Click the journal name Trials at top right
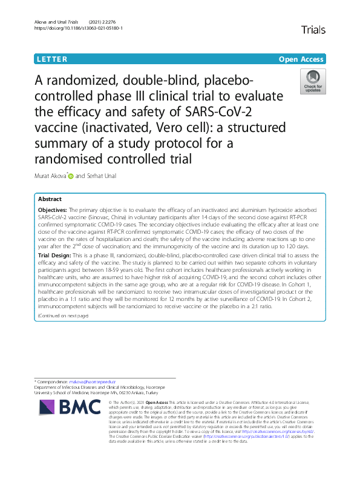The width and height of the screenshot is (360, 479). click(312, 29)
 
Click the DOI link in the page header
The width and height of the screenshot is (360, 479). click(78, 28)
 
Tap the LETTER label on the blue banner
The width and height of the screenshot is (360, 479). click(51, 59)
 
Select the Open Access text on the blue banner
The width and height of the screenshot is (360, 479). click(301, 59)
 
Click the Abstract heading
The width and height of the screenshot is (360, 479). click(50, 199)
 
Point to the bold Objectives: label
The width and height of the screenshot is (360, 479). click(56, 209)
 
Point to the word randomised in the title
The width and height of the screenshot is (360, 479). click(81, 159)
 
